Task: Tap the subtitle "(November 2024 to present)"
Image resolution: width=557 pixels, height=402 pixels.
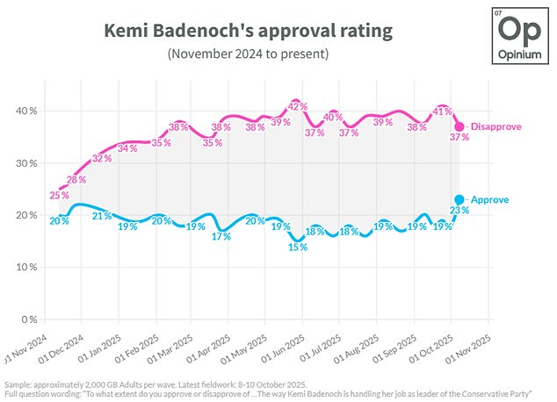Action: [248, 54]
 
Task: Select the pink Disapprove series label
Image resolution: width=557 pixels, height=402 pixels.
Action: [495, 126]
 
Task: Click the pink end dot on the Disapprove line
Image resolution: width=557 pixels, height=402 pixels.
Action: [459, 127]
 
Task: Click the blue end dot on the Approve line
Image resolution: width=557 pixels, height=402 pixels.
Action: [459, 200]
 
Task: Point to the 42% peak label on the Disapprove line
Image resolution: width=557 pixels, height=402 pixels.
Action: [297, 106]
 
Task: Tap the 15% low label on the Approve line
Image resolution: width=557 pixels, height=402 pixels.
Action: [299, 247]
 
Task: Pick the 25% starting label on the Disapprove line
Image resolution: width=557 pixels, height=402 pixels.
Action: [59, 195]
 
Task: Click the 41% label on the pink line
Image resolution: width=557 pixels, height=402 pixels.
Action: [442, 111]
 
